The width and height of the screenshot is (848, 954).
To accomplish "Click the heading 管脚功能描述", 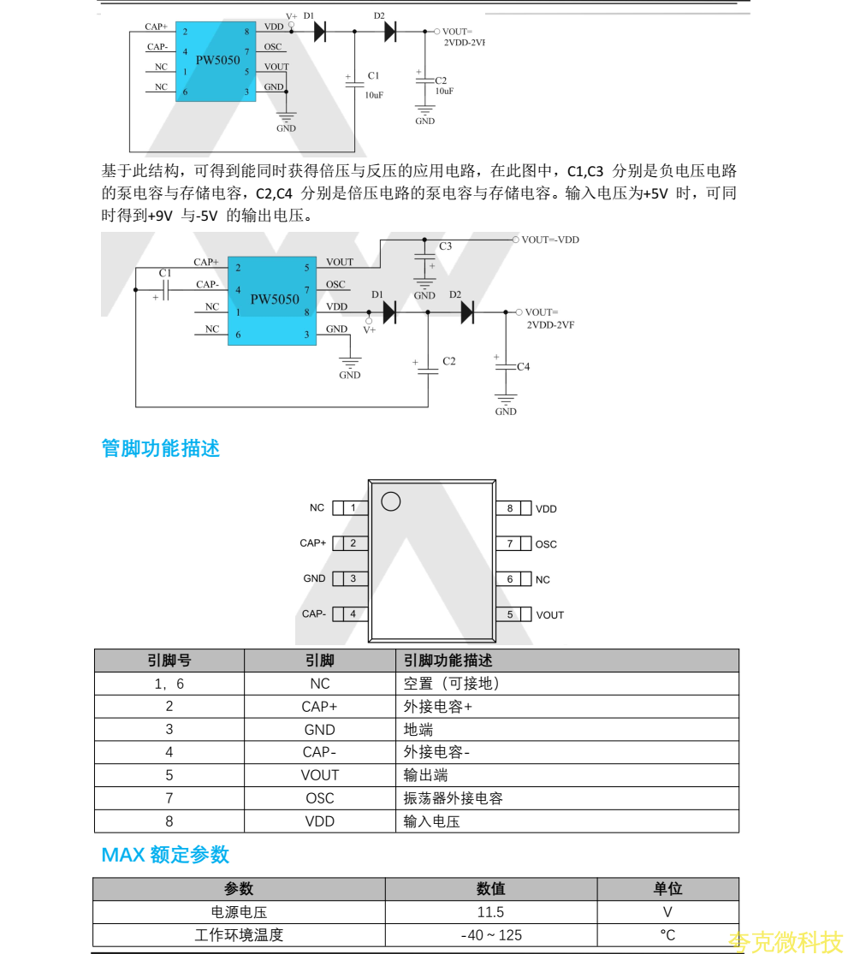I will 161,448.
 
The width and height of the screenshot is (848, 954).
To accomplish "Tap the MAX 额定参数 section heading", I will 165,855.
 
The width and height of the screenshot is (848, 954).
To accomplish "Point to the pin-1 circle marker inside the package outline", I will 391,502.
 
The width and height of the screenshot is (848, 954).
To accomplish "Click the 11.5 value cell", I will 490,912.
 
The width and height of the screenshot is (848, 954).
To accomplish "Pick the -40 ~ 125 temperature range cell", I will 490,935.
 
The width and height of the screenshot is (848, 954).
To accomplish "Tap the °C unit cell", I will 667,935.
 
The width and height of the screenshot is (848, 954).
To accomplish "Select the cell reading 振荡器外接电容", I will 454,798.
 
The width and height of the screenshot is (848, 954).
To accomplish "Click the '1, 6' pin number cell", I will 169,684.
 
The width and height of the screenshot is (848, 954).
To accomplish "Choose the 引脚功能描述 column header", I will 448,661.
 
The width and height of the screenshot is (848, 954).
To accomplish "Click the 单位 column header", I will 667,889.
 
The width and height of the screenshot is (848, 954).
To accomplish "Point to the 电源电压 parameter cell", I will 239,912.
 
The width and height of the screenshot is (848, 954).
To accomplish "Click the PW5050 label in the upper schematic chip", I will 217,61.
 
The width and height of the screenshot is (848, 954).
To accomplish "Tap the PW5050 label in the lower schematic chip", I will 275,299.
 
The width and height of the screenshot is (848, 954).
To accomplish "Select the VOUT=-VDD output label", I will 550,240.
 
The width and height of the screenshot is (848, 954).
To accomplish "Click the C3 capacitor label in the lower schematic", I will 446,246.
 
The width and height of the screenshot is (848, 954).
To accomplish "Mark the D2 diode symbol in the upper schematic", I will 390,32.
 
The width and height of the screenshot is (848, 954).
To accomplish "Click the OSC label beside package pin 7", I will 546,544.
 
